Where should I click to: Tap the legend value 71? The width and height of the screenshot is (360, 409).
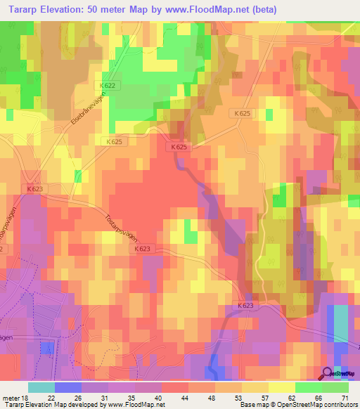[345, 397]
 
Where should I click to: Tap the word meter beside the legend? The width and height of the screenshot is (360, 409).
[9, 397]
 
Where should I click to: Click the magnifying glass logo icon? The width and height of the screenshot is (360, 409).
[326, 374]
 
